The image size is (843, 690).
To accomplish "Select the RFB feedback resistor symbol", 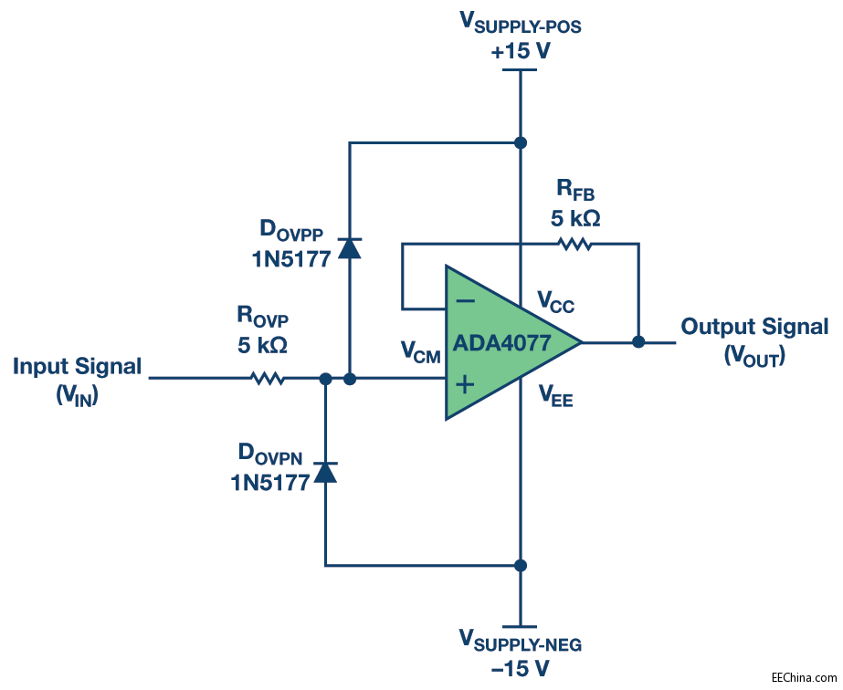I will (575, 244).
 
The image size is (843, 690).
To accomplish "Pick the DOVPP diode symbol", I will (349, 247).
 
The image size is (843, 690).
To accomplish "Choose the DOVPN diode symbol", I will (325, 472).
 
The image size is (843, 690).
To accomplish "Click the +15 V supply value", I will (521, 52).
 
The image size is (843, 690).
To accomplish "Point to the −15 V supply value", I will (521, 669).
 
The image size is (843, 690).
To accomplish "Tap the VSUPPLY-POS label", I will (520, 26).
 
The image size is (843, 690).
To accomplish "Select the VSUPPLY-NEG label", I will (520, 643).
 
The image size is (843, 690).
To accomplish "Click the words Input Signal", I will (78, 367).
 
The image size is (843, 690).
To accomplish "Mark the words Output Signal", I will (754, 327).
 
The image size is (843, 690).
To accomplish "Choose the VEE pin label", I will (555, 395).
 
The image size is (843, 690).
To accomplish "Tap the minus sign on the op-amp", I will (465, 300).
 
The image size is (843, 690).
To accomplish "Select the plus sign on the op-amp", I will (465, 384).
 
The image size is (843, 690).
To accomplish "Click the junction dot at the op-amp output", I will (638, 342).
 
